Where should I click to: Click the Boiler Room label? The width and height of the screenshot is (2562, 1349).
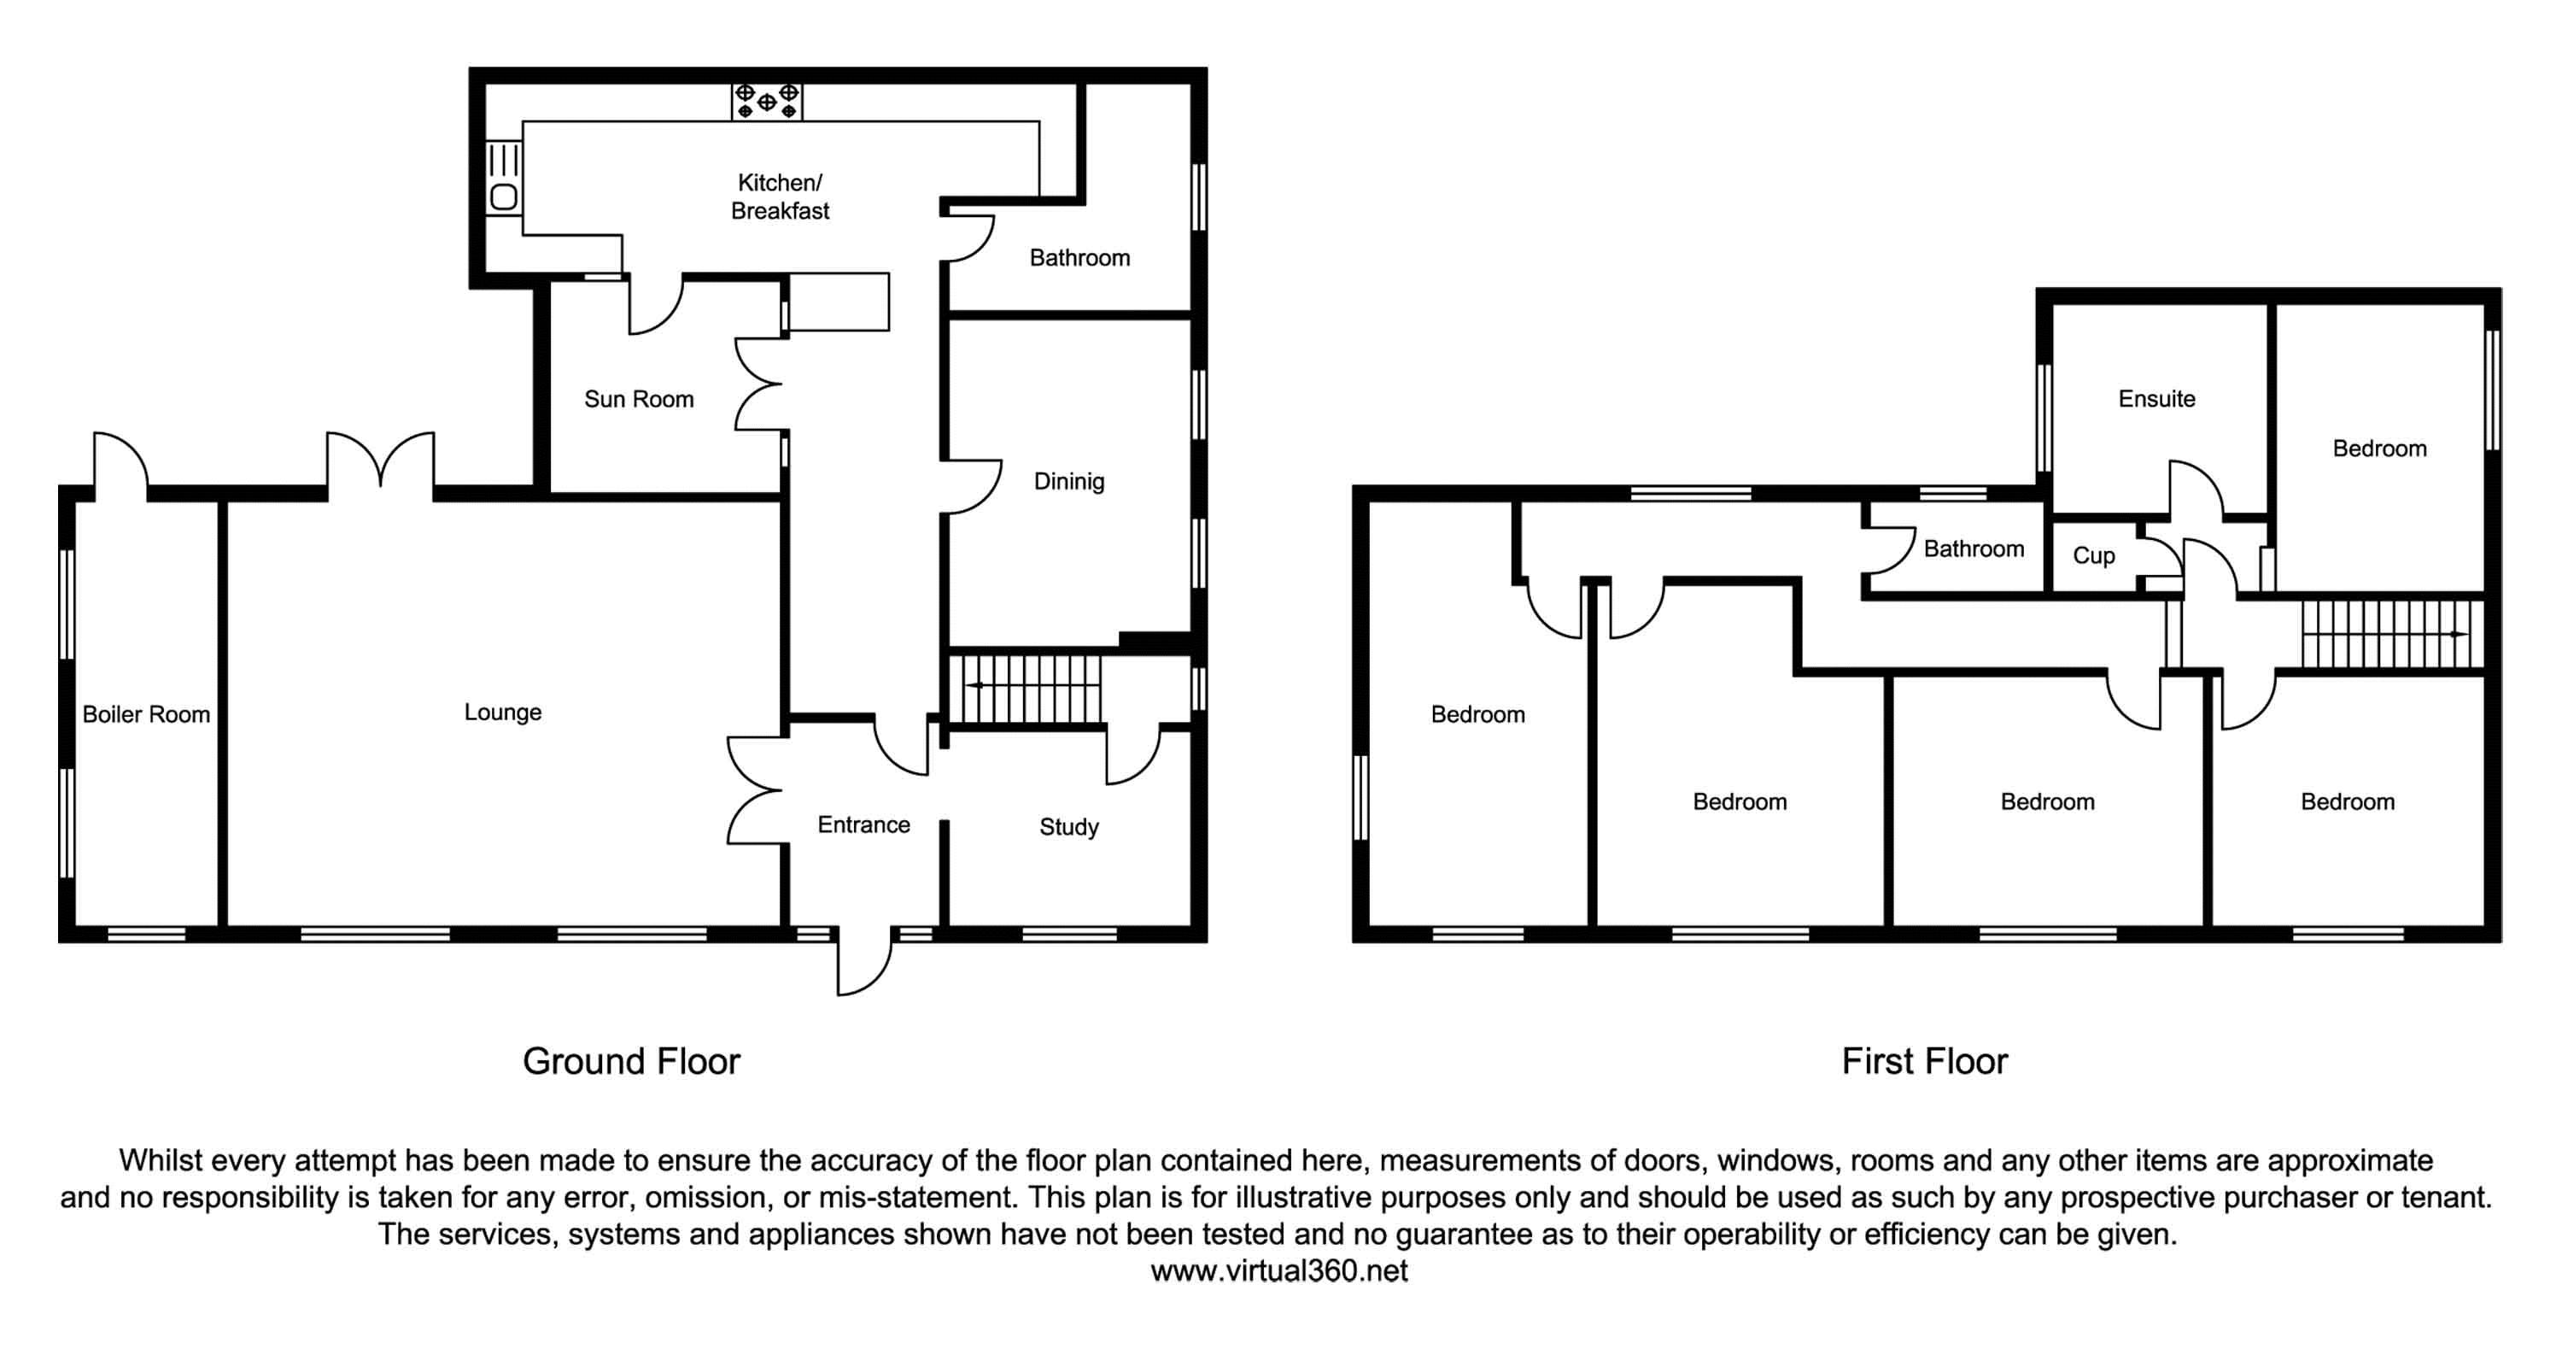click(x=146, y=714)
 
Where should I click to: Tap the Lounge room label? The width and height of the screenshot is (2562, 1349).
click(x=502, y=713)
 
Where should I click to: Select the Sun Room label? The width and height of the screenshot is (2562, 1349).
click(x=639, y=399)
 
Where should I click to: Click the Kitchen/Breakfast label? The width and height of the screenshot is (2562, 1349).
click(x=780, y=196)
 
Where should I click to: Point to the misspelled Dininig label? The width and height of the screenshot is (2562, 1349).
click(x=1069, y=482)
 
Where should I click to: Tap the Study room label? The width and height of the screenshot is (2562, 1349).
click(x=1069, y=827)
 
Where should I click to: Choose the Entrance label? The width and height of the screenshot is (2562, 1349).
click(x=863, y=824)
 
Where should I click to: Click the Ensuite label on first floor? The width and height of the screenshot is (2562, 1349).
click(x=2156, y=399)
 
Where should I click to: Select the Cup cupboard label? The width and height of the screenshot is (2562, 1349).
click(x=2093, y=555)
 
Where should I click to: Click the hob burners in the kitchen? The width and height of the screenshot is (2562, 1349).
click(x=767, y=102)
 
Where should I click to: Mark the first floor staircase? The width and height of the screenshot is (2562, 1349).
click(x=2387, y=634)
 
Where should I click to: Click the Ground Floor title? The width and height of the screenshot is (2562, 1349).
click(x=632, y=1061)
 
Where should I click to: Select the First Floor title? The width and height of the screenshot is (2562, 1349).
click(x=1924, y=1061)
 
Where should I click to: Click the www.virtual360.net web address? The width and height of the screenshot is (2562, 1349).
click(x=1279, y=1271)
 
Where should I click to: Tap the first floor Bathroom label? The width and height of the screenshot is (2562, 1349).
click(x=1974, y=549)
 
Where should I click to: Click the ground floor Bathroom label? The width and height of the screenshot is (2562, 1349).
click(x=1079, y=259)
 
